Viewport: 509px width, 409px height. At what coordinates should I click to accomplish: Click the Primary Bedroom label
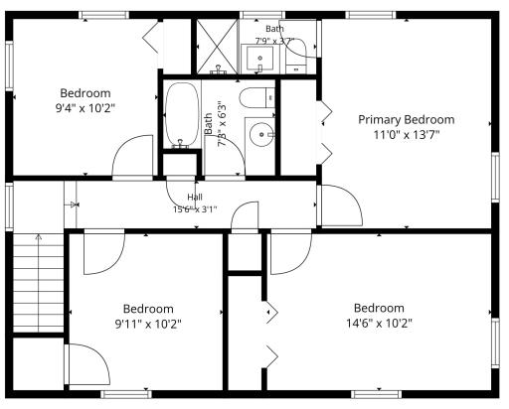[407, 120]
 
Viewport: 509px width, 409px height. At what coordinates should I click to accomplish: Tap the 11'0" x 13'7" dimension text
[407, 135]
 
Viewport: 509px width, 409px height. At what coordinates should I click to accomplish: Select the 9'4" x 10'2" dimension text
[85, 108]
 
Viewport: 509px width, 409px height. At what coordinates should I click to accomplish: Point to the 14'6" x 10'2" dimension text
[379, 323]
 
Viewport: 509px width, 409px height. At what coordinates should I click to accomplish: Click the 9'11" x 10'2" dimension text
[148, 324]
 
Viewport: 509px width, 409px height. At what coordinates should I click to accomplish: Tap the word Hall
[195, 198]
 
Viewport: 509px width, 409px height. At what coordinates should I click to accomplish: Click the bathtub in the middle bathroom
[182, 115]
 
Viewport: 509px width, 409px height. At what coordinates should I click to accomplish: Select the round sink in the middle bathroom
[261, 134]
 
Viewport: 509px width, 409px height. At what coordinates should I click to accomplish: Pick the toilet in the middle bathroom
[257, 97]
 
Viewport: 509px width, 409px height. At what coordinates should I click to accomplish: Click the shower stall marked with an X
[217, 47]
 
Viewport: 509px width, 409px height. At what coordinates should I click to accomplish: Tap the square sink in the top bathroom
[260, 59]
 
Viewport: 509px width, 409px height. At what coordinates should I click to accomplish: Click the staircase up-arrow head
[39, 237]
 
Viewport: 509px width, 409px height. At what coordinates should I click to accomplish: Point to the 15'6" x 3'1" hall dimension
[195, 209]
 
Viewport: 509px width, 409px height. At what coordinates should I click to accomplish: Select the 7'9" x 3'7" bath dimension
[274, 41]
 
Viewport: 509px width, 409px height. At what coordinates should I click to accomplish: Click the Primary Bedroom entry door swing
[342, 205]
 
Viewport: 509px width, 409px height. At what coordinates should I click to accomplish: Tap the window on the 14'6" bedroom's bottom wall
[376, 394]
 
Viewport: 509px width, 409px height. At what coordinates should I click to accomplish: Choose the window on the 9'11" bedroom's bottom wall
[126, 394]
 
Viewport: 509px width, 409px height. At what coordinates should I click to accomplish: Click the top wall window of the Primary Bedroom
[371, 15]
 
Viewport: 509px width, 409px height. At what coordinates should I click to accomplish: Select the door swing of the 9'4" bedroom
[132, 156]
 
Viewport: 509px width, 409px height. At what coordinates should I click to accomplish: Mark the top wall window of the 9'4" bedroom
[103, 15]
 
